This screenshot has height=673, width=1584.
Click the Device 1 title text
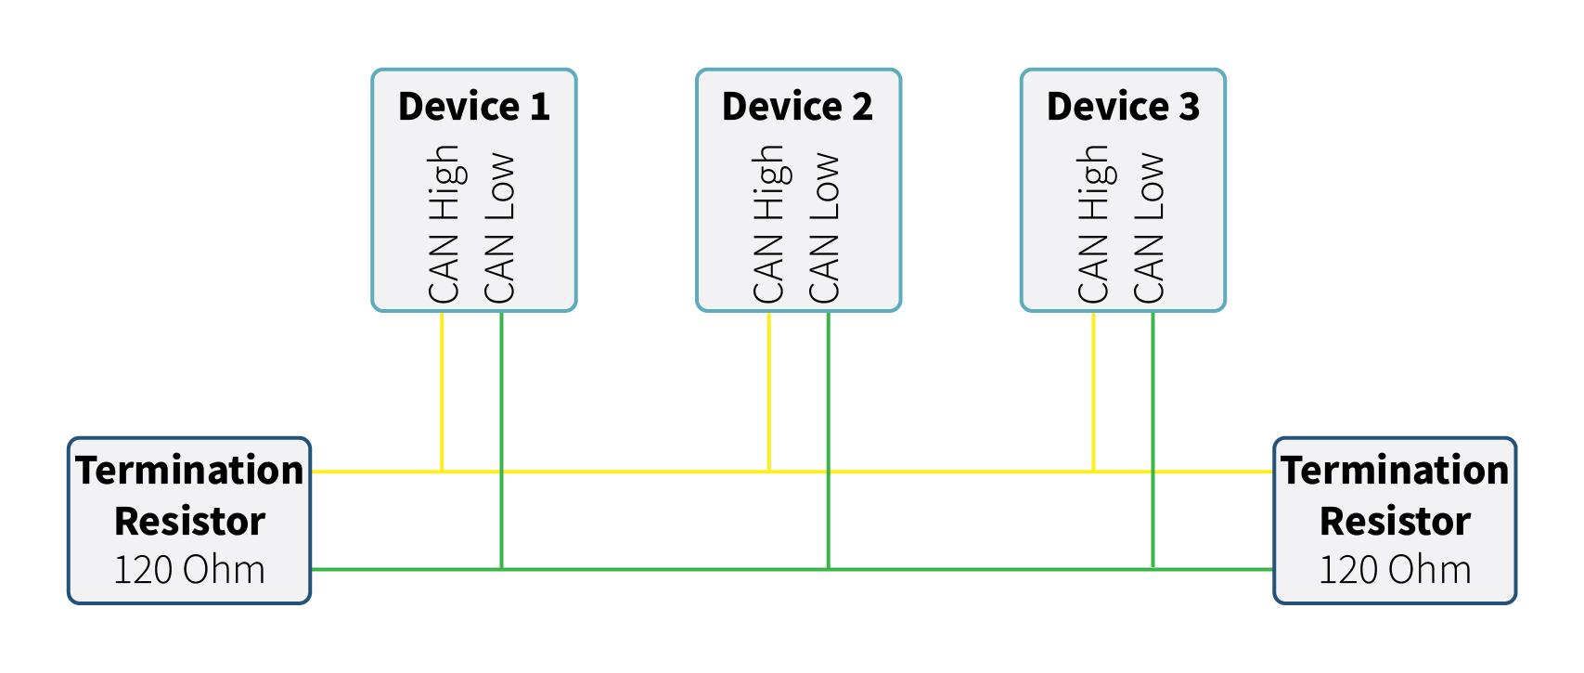(474, 107)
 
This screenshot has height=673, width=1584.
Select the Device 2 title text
(798, 107)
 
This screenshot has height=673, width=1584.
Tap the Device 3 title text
(1123, 107)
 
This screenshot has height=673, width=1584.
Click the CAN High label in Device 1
(446, 224)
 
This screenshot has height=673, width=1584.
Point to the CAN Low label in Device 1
(499, 227)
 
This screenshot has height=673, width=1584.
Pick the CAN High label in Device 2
(771, 224)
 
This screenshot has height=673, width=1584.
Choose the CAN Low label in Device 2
(824, 227)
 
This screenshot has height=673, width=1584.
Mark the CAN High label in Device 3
(1095, 224)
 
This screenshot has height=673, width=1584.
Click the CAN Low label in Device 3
(1149, 227)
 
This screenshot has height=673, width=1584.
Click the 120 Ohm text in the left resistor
(189, 570)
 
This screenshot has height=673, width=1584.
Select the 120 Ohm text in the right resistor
(1396, 570)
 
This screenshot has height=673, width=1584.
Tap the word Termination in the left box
(189, 470)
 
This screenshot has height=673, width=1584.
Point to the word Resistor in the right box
(1396, 522)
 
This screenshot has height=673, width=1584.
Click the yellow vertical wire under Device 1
(442, 392)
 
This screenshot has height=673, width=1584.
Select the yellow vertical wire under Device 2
(768, 392)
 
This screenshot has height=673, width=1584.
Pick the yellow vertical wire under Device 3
(1093, 392)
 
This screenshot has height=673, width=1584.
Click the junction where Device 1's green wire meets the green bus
(501, 569)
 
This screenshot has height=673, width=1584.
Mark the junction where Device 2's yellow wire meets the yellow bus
(768, 471)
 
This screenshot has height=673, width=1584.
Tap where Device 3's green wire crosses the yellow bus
(1153, 471)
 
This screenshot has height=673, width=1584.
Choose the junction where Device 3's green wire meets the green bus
(1153, 569)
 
